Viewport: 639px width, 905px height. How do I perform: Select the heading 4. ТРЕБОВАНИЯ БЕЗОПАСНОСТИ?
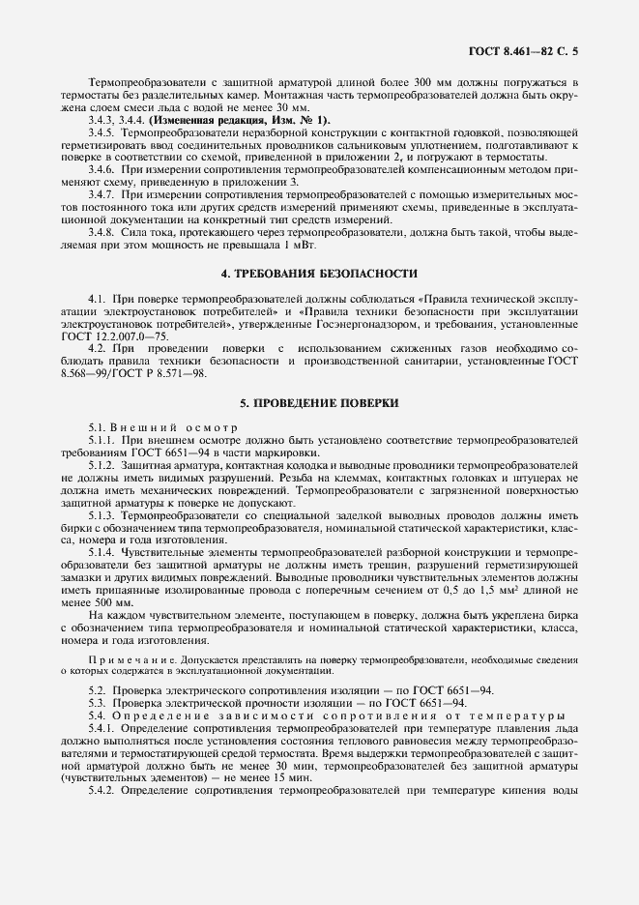click(319, 274)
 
